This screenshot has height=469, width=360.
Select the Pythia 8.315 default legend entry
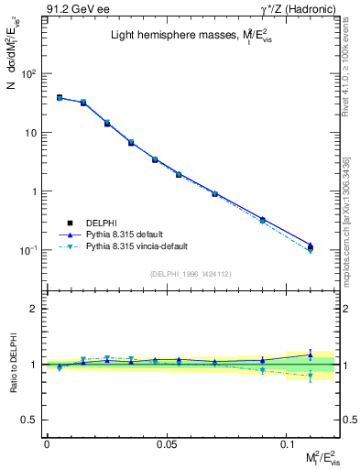tap(125, 234)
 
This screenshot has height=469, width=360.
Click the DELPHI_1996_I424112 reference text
tap(190, 274)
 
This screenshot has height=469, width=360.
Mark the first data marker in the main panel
tap(60, 97)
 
